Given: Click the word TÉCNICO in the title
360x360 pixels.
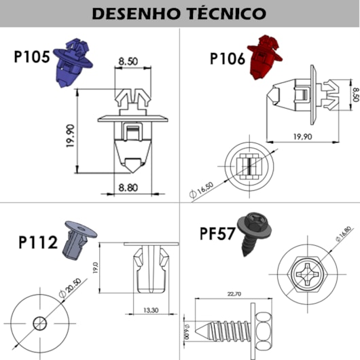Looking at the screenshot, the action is [226, 14].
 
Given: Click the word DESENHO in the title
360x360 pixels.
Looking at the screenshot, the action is [135, 14].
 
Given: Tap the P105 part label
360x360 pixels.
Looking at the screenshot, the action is [32, 57].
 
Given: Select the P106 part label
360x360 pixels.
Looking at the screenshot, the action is [228, 58].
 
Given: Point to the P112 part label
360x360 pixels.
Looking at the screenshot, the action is [38, 242].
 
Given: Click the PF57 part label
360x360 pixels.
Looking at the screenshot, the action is [217, 234].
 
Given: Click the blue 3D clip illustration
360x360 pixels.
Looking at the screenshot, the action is [73, 62].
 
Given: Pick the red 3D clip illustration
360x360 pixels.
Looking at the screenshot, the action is [264, 57].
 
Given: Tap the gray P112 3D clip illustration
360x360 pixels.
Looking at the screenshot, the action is [79, 240].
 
